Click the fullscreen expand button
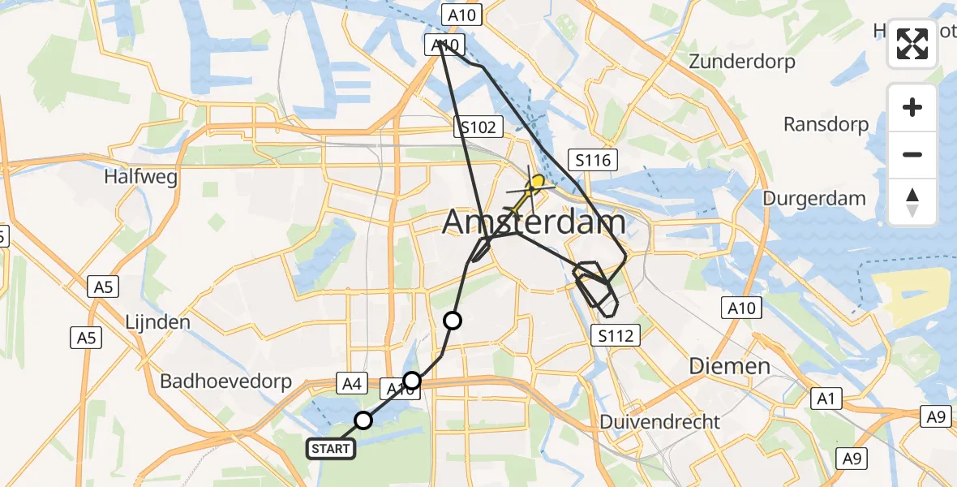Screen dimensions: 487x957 [x=912, y=45]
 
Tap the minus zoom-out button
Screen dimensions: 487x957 [x=912, y=154]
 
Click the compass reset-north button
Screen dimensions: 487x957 [x=912, y=202]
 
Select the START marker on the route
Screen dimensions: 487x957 [x=331, y=449]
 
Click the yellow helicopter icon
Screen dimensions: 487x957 [x=533, y=186]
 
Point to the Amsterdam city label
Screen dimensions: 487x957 [x=534, y=222]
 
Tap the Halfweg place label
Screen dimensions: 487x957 [x=141, y=178]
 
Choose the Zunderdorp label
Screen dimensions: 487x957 [x=741, y=62]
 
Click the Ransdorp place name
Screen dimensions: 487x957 [x=826, y=125]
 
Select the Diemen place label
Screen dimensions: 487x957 [x=729, y=366]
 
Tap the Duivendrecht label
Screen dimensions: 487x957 [x=659, y=422]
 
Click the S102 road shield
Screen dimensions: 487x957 [x=478, y=127]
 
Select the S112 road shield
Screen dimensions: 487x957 [x=616, y=334]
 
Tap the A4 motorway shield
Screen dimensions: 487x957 [x=350, y=384]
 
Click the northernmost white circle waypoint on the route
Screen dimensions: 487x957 [x=452, y=321]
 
